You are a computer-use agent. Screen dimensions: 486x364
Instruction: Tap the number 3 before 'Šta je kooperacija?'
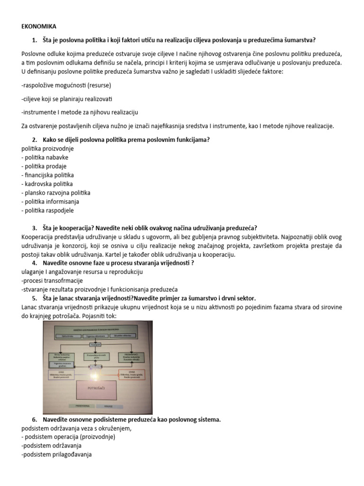click(x=35, y=228)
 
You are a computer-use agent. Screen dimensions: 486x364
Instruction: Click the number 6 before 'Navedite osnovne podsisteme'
click(x=35, y=420)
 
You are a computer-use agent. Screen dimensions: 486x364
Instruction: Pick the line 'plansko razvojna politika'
click(x=56, y=193)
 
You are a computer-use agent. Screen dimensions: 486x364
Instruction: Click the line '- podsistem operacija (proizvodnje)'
click(x=66, y=437)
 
